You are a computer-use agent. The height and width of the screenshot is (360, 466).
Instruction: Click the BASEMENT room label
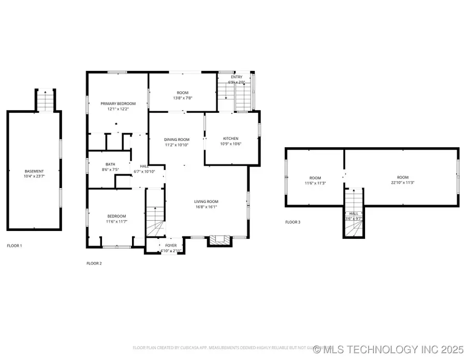[34, 171]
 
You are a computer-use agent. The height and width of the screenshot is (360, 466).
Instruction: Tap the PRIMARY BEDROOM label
[118, 104]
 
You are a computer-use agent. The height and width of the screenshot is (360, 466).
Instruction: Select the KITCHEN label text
[230, 138]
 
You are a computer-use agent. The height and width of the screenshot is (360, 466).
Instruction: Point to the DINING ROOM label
[177, 139]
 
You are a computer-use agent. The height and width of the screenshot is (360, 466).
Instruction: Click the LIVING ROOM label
[206, 201]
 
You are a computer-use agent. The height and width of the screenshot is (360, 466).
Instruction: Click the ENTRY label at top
[236, 77]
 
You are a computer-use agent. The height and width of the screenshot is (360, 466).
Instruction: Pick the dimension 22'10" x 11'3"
[403, 182]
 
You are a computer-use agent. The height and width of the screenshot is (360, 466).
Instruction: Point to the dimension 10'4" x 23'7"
[34, 177]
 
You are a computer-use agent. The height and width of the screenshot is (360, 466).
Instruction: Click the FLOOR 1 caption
[14, 245]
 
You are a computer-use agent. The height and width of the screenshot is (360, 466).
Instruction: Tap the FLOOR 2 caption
[94, 264]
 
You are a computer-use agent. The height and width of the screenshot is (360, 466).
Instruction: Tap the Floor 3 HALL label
[354, 213]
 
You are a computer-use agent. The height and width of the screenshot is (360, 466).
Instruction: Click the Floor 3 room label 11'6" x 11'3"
[316, 180]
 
